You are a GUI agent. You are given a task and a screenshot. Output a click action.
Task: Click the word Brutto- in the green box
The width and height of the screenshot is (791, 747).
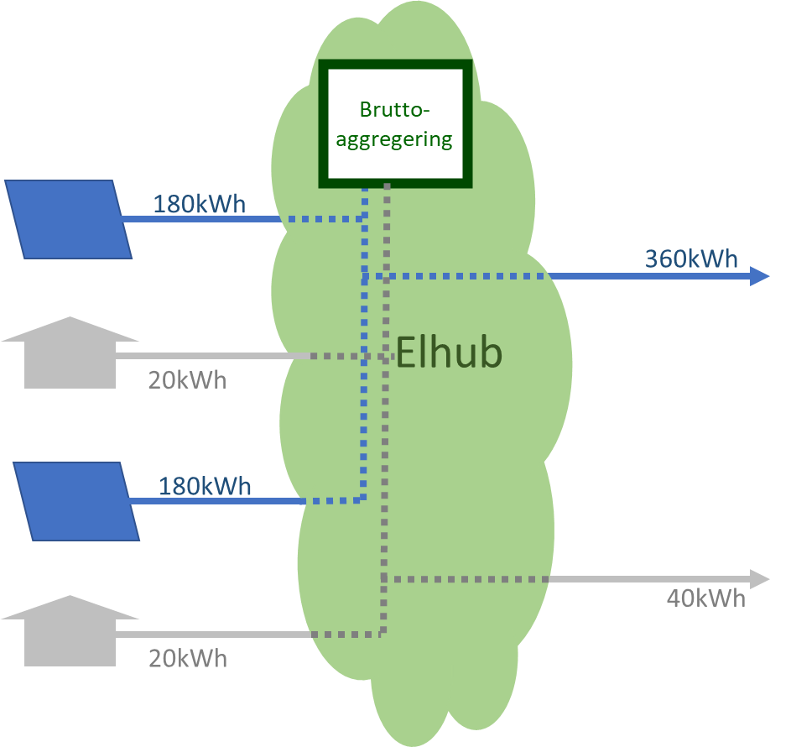tap(393, 110)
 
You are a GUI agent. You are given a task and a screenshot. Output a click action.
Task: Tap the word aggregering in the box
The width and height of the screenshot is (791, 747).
tap(393, 138)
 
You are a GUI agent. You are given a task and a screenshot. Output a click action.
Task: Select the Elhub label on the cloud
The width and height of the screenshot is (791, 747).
tap(449, 353)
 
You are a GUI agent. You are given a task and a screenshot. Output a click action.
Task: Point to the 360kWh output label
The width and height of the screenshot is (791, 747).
tap(691, 259)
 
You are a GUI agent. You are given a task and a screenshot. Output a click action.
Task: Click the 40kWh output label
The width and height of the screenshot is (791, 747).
tap(705, 598)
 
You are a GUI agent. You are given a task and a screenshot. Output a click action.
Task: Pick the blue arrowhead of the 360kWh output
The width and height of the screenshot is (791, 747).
tap(759, 276)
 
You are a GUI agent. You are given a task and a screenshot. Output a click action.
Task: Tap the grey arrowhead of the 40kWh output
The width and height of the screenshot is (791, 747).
tap(759, 578)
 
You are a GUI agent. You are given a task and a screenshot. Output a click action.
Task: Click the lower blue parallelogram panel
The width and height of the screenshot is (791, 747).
tap(77, 501)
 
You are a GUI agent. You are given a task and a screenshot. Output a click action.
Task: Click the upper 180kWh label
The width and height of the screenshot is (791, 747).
tap(199, 205)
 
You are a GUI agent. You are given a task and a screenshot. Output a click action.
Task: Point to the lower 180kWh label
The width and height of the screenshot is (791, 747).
tap(205, 487)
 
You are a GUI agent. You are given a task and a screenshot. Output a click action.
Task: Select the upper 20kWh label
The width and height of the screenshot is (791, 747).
tap(187, 380)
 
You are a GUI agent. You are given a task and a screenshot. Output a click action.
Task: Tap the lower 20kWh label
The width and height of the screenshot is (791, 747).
tap(187, 659)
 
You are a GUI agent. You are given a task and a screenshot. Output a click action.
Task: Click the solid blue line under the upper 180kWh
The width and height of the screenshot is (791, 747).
tap(201, 219)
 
